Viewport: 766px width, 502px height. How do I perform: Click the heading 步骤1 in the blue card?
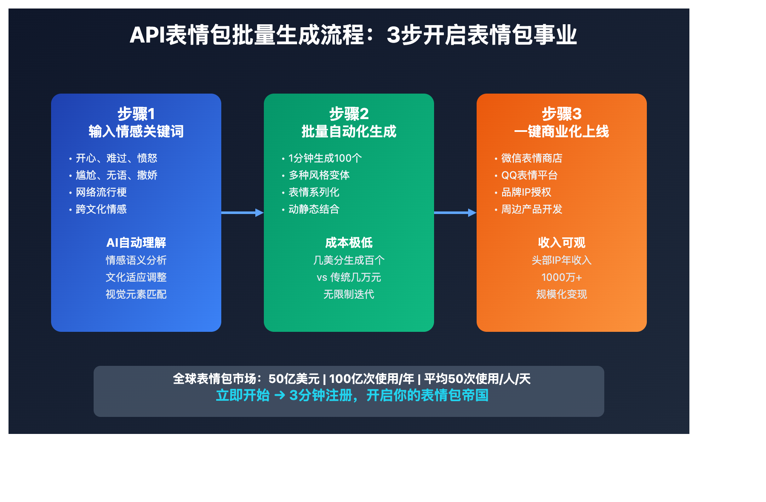(136, 114)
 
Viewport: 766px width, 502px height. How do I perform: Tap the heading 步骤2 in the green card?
(349, 114)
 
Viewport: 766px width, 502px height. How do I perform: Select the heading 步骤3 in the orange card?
(562, 114)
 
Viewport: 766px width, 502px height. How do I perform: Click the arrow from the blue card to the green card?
(243, 213)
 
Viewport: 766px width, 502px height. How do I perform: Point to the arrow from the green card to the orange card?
(455, 213)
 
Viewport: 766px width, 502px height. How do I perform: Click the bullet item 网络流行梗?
(101, 192)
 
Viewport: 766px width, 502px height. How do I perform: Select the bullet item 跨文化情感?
(101, 209)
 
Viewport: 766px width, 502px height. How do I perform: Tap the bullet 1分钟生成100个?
(325, 158)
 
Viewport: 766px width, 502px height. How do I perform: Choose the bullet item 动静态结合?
(314, 209)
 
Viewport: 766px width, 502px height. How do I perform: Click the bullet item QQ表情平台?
(529, 175)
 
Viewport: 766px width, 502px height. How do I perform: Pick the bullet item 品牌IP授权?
(526, 192)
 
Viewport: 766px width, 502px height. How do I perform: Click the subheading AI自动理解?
(136, 242)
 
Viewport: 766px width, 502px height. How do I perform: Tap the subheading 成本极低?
(349, 242)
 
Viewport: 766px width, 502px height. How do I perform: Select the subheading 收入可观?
(562, 242)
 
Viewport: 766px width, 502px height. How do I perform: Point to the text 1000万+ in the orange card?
(562, 277)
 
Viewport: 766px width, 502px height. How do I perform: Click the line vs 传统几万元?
(349, 277)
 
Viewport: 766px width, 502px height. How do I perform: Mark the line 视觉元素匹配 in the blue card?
(136, 294)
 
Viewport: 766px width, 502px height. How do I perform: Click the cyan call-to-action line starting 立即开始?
(352, 395)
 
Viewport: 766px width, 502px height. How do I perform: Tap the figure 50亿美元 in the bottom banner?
(294, 379)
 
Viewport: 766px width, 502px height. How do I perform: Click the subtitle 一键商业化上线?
(562, 131)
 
